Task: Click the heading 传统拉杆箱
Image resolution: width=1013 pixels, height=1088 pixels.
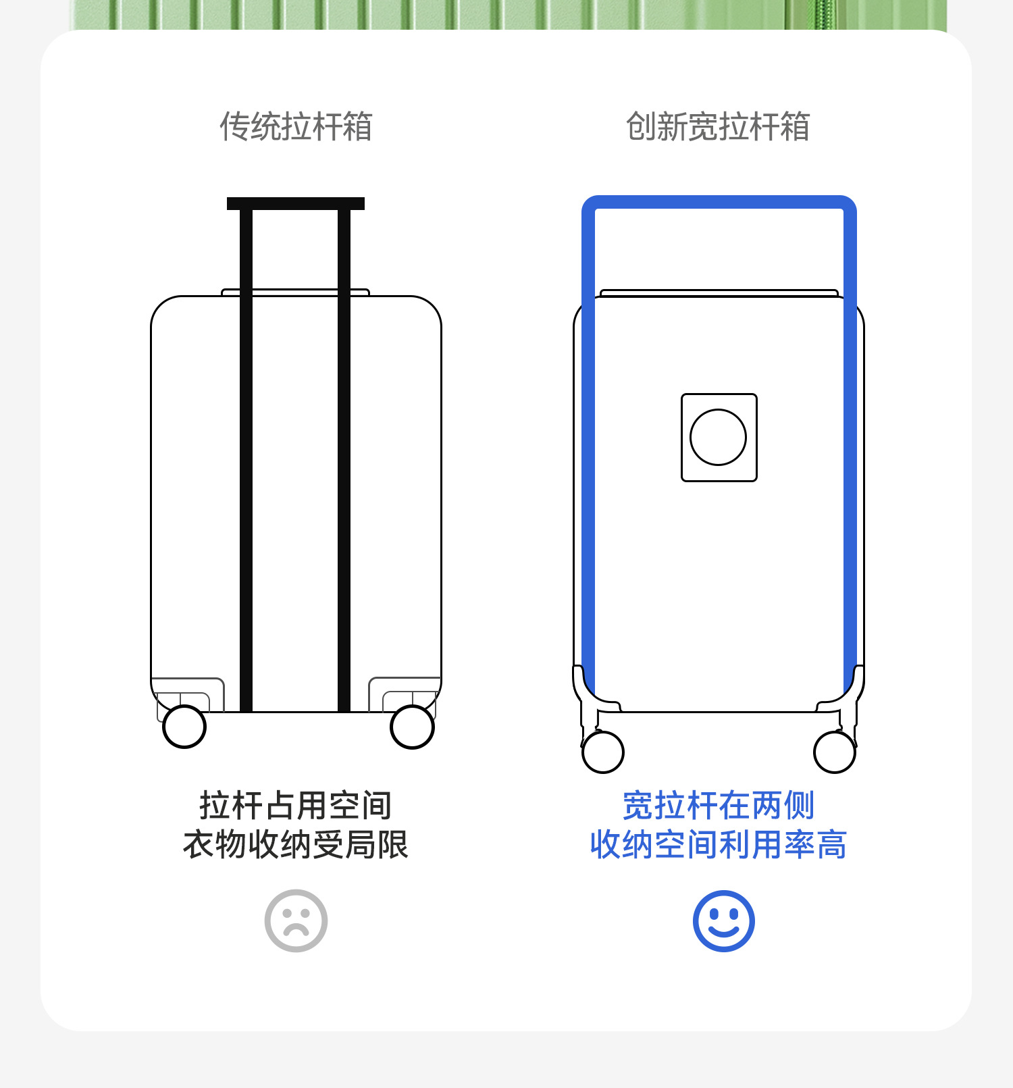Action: (x=296, y=126)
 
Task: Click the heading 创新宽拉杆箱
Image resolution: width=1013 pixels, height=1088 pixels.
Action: (x=718, y=126)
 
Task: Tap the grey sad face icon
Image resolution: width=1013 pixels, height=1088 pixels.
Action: (x=296, y=921)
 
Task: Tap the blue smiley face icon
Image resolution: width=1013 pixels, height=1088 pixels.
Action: (x=723, y=921)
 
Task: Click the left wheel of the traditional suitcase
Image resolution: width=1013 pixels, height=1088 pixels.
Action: (x=184, y=727)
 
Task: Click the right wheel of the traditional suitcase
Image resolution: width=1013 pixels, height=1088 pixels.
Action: (x=412, y=727)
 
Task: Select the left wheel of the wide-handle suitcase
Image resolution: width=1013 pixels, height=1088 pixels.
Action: (x=602, y=752)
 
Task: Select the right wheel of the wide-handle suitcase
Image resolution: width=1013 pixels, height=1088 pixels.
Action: (x=835, y=752)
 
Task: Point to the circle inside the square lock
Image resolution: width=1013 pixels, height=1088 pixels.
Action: (x=718, y=437)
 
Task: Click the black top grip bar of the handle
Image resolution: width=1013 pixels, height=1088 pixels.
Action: (x=296, y=203)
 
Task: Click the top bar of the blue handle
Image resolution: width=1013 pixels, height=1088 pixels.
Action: (x=719, y=202)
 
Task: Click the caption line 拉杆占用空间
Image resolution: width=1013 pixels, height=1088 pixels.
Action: (x=296, y=805)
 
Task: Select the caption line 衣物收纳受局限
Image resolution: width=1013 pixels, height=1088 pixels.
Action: (x=296, y=844)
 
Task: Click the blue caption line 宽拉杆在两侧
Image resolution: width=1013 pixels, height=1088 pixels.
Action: (x=718, y=805)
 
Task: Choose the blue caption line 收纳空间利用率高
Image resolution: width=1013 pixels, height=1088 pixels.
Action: (x=718, y=844)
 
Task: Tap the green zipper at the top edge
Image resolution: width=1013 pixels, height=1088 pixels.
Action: (x=824, y=14)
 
